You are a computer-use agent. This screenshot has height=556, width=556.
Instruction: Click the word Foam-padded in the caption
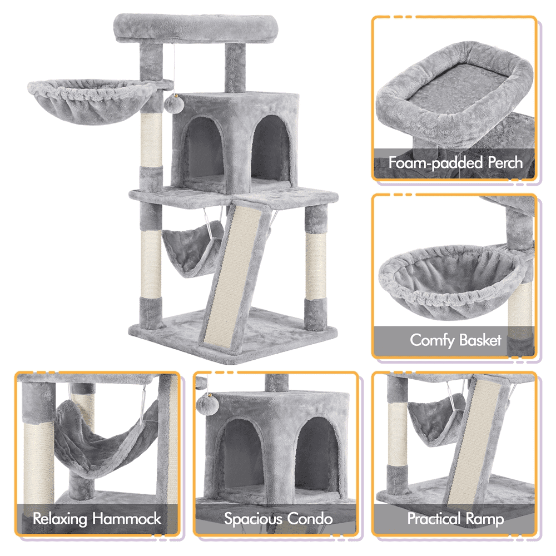(435, 163)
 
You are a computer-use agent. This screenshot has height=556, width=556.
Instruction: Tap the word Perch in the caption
(505, 162)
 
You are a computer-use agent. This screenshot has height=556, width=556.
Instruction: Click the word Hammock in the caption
(127, 518)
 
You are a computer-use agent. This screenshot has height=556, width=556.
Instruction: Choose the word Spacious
(253, 519)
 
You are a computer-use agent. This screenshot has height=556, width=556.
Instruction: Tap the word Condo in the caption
(310, 518)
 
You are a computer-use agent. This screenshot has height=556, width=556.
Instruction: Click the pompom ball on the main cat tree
(172, 103)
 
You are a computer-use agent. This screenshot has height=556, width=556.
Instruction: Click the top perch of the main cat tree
(195, 28)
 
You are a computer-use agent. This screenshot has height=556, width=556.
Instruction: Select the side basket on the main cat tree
(91, 102)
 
